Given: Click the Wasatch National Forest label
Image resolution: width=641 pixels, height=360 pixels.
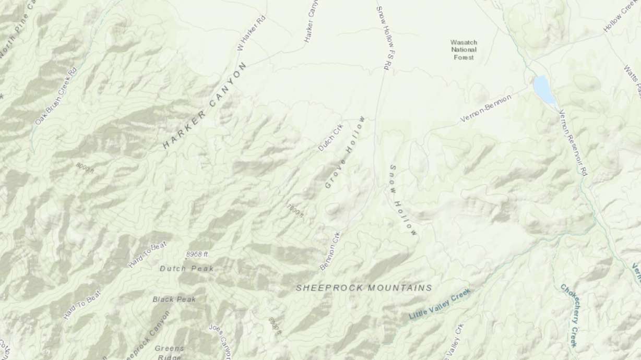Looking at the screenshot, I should point(464,50).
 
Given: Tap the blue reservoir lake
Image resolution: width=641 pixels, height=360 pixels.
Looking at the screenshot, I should point(544,90).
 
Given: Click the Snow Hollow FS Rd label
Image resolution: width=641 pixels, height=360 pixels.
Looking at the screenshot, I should point(384,35).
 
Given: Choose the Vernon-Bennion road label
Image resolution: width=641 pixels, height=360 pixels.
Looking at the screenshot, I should point(485,109).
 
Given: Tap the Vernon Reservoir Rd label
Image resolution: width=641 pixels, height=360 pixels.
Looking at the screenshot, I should point(573,142).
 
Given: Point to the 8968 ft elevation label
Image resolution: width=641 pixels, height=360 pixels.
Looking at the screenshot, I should point(197,254).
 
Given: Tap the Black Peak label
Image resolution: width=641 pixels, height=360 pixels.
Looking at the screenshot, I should point(174,299).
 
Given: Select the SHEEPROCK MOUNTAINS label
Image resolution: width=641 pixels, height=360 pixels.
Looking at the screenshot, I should point(364,287).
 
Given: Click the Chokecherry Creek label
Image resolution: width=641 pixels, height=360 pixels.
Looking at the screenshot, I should point(568,315).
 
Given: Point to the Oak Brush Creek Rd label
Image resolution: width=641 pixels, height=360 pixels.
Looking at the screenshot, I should point(56,97).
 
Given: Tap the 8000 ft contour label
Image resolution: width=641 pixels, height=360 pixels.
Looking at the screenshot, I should point(85,168).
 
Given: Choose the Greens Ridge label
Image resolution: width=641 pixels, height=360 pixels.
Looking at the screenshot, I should point(169,352).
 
